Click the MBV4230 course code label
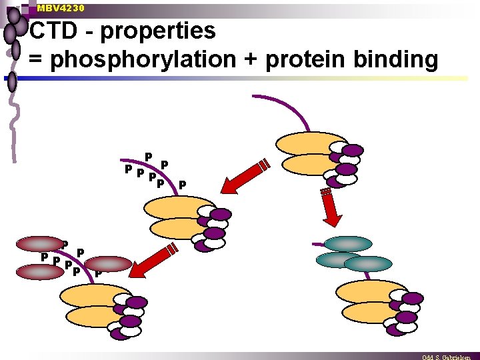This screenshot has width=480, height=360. (x=61, y=8)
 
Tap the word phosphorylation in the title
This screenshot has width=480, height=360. (x=143, y=59)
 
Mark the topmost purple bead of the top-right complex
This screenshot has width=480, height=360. (x=352, y=150)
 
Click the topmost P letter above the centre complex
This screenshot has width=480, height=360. (x=149, y=157)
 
